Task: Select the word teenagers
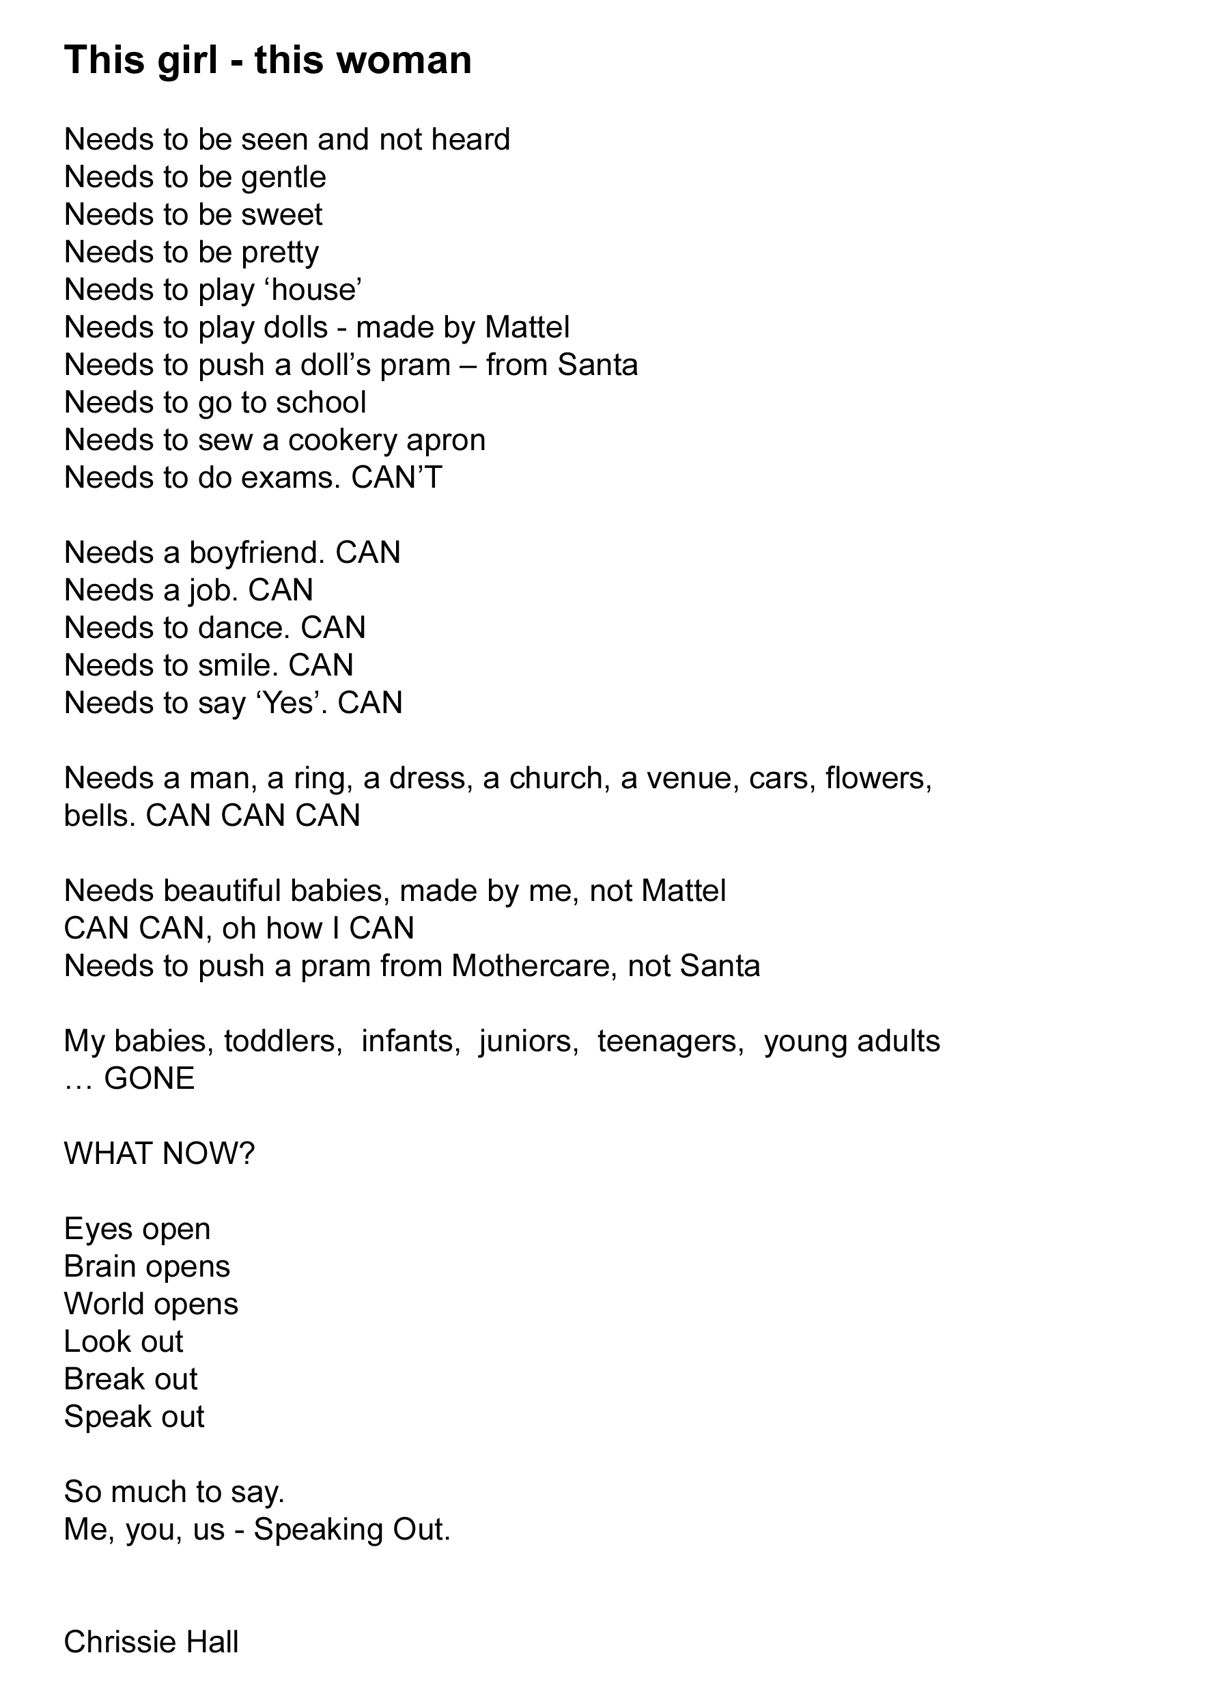pyautogui.click(x=671, y=1041)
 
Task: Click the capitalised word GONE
pyautogui.click(x=149, y=1079)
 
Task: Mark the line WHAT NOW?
pyautogui.click(x=160, y=1154)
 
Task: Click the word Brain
pyautogui.click(x=99, y=1266)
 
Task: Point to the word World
pyautogui.click(x=104, y=1304)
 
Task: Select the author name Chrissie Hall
pyautogui.click(x=152, y=1642)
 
